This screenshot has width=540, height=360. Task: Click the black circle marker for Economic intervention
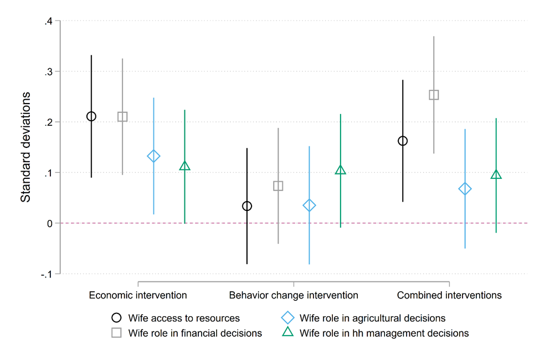pos(91,116)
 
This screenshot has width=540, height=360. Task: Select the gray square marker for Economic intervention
pos(122,117)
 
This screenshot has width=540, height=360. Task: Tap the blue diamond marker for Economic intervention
pos(153,156)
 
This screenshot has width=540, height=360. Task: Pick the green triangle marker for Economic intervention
pos(185,166)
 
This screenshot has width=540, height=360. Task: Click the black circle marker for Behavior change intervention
pos(247,206)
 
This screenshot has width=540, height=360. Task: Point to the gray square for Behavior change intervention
pos(278,186)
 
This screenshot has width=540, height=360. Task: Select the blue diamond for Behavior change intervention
pos(309,205)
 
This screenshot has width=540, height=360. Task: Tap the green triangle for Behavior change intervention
pos(341,171)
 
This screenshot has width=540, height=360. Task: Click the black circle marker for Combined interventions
pos(403,141)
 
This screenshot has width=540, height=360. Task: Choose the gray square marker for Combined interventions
pos(434,95)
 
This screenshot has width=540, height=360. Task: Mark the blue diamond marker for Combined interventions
pos(465,189)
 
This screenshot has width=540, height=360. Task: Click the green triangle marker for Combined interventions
pos(496,175)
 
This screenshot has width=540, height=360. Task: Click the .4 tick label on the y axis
pos(48,21)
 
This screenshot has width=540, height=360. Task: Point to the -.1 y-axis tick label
pos(47,274)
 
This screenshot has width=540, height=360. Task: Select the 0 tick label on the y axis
pos(49,223)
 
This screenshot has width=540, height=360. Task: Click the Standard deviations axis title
pos(25,147)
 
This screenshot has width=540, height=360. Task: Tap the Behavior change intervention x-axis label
pos(294,295)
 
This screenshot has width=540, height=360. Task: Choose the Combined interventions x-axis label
pos(449,295)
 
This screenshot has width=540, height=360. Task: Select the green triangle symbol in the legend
pos(287,333)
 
